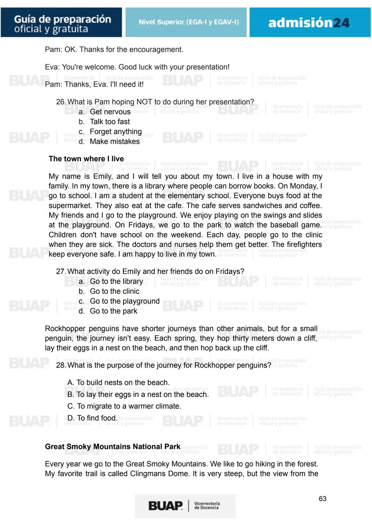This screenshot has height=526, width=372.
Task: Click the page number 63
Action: pyautogui.click(x=322, y=499)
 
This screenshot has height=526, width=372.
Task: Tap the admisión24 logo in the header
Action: pyautogui.click(x=309, y=23)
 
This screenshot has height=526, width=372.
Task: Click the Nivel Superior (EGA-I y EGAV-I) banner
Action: pyautogui.click(x=188, y=22)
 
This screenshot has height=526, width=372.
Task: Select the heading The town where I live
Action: pyautogui.click(x=86, y=159)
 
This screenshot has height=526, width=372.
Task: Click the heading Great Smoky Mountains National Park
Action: pyautogui.click(x=113, y=447)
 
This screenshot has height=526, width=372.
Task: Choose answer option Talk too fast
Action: pyautogui.click(x=110, y=122)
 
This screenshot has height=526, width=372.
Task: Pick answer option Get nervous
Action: pyautogui.click(x=110, y=112)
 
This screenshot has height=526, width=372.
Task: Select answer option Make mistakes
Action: pyautogui.click(x=114, y=141)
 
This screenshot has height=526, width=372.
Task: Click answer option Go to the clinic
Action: pyautogui.click(x=114, y=291)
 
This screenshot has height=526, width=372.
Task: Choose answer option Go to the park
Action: pyautogui.click(x=113, y=311)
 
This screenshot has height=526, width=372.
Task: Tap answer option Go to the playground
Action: pyautogui.click(x=124, y=301)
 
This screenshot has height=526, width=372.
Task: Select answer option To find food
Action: pyautogui.click(x=96, y=418)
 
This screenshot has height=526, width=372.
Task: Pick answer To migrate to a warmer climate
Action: pyautogui.click(x=128, y=406)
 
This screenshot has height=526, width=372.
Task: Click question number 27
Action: pyautogui.click(x=61, y=271)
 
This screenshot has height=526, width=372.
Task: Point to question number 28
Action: pyautogui.click(x=61, y=365)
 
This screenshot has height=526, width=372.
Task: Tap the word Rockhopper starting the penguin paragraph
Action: pyautogui.click(x=65, y=329)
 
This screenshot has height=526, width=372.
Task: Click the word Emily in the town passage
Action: pyautogui.click(x=102, y=177)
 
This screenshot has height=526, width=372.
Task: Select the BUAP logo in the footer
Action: pyautogui.click(x=165, y=506)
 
